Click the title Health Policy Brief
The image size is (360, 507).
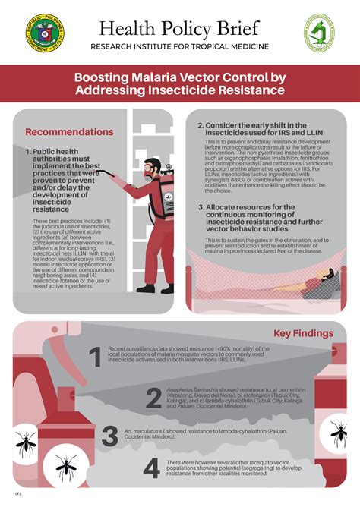click(180, 28)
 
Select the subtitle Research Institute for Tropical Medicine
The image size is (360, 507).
click(180, 47)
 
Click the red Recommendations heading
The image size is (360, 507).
click(69, 132)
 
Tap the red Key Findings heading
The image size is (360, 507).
click(303, 332)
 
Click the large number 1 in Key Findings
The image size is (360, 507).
click(94, 356)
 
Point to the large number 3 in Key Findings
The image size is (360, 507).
click(111, 436)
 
